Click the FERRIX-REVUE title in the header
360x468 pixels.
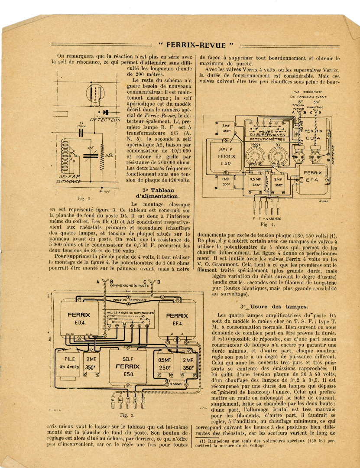coord(196,45)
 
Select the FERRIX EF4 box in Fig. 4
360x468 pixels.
coord(312,176)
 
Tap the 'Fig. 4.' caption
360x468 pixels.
coord(264,224)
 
